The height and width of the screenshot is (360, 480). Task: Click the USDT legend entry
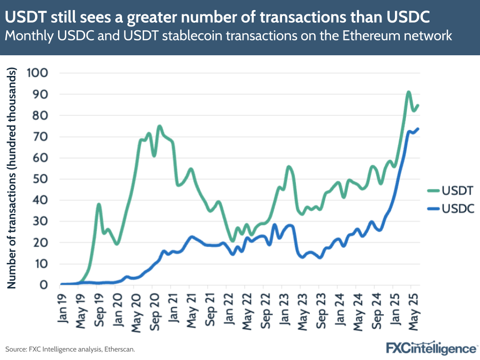(450, 191)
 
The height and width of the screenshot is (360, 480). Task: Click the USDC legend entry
(450, 209)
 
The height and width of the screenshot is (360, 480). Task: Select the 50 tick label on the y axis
(40, 179)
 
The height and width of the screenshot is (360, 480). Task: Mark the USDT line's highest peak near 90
(408, 92)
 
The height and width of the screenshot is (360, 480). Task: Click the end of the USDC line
(418, 129)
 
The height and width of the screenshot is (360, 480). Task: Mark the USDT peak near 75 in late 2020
(159, 126)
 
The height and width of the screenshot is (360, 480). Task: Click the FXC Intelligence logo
(431, 348)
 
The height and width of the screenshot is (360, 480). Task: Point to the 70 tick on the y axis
(40, 137)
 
